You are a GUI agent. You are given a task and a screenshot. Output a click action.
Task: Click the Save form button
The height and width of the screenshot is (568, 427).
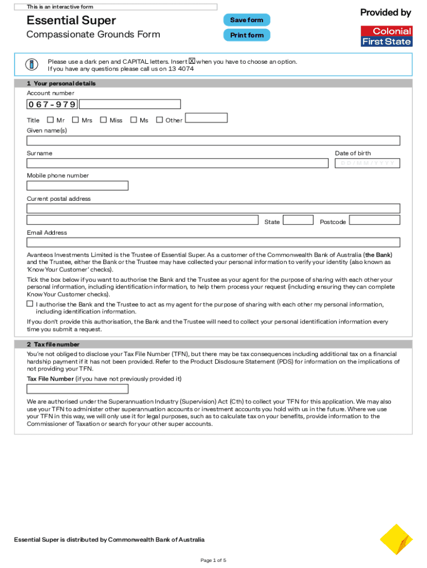[x=247, y=20]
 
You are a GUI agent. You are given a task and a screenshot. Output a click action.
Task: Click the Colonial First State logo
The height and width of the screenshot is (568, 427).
[x=386, y=36]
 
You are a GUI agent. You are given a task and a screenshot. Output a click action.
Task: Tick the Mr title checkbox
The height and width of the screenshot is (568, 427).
[x=50, y=119]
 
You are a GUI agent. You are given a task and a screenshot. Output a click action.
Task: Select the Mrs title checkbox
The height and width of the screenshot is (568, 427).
[x=75, y=119]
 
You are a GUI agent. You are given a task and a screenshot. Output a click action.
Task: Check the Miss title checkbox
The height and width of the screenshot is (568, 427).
[x=103, y=119]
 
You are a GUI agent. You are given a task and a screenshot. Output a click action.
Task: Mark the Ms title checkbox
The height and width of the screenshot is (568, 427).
[x=133, y=119]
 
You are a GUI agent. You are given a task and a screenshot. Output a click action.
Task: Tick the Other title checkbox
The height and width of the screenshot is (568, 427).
[x=159, y=119]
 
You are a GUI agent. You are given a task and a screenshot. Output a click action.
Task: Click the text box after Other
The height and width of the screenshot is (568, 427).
[x=206, y=118]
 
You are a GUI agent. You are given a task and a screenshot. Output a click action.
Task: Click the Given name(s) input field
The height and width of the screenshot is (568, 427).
[x=213, y=140]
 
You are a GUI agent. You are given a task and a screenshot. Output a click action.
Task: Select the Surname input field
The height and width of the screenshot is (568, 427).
[x=177, y=163]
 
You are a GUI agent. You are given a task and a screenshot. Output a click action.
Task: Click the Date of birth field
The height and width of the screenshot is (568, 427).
[x=367, y=163]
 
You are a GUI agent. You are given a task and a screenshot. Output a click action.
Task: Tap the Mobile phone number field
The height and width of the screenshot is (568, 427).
[x=78, y=185]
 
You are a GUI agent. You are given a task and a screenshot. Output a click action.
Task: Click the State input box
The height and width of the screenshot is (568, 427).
[x=298, y=220]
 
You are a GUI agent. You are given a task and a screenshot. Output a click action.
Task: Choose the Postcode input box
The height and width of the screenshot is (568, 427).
[x=374, y=220]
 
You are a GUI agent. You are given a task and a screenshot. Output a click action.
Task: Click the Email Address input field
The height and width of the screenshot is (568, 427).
[x=213, y=242]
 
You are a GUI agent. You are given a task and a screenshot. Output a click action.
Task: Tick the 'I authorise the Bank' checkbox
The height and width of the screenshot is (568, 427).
[x=30, y=304]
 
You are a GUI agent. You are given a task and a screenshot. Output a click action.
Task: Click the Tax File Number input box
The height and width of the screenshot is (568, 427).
[x=78, y=388]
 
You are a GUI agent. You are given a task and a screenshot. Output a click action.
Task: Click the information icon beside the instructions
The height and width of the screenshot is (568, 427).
[x=32, y=64]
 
